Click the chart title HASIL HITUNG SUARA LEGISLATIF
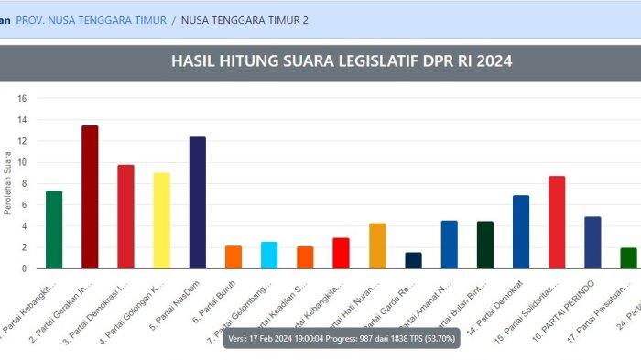tap(342, 61)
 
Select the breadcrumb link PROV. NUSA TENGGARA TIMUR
tap(92, 19)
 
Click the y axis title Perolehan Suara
tap(7, 189)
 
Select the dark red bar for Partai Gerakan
tap(90, 197)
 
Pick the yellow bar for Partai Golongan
tap(161, 221)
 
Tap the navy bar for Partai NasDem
tap(197, 202)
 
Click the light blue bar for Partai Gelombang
tap(269, 255)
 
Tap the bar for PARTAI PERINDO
tap(592, 242)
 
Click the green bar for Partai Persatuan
tap(628, 257)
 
